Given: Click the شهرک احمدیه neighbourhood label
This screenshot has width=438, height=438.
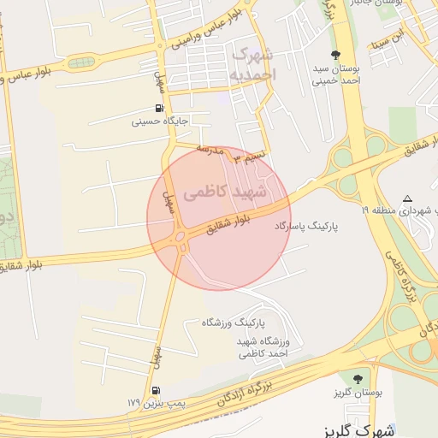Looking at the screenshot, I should coord(254,64).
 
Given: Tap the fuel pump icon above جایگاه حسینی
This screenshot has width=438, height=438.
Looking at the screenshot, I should coord(160,109).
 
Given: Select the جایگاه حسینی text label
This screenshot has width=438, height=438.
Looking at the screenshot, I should coord(160,121).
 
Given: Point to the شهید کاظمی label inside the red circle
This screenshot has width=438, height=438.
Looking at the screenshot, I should coord(219,193).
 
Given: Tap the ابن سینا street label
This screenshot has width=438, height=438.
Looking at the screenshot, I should coord(386,40).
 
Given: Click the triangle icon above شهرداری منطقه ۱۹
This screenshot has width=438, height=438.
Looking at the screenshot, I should coord(407,198).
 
